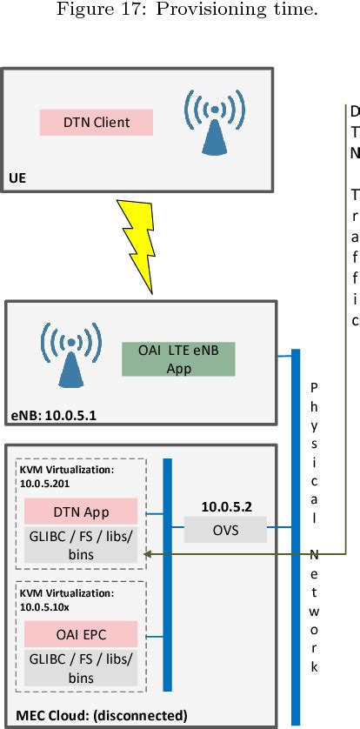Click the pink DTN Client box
(97, 123)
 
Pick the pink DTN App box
(81, 511)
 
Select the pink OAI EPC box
(81, 635)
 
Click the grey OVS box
(221, 528)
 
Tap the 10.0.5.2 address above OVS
(221, 505)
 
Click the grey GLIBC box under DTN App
(81, 543)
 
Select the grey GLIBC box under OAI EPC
(81, 667)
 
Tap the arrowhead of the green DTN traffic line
(148, 552)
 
